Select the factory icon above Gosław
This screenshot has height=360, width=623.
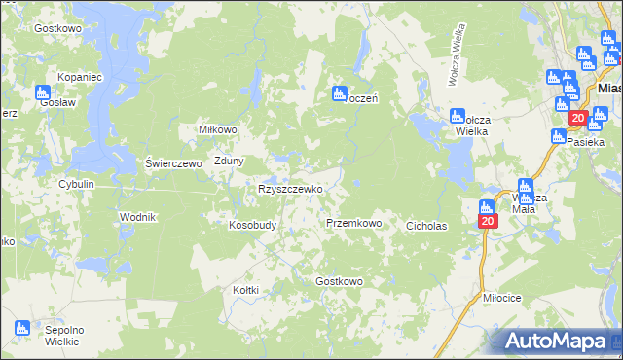tap(43, 93)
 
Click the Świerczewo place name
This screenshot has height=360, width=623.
tap(172, 163)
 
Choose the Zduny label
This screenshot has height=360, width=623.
tap(229, 162)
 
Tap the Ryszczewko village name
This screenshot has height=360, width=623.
tap(289, 189)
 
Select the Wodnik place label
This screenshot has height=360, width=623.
tap(137, 216)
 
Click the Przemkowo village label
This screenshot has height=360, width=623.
tap(353, 223)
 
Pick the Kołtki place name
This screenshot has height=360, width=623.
tap(245, 288)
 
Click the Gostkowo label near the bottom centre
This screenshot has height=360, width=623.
tap(339, 281)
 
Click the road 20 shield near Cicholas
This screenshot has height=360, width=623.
tap(488, 222)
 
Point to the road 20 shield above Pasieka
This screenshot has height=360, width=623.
tap(576, 119)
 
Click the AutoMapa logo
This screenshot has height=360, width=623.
tap(558, 341)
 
